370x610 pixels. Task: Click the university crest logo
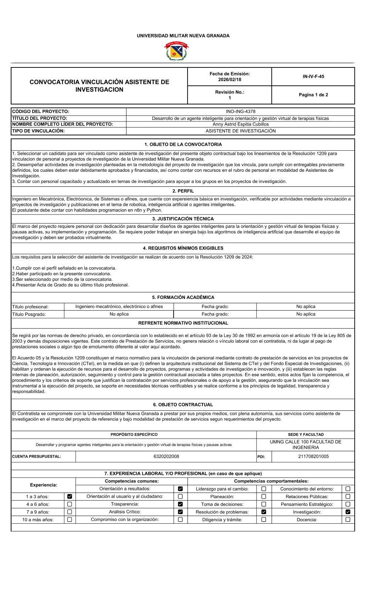click(176, 51)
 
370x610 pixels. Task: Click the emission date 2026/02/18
click(229, 80)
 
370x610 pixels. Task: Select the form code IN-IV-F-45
click(313, 77)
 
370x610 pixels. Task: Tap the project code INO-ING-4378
click(240, 111)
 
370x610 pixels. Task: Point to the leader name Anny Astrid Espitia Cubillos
click(240, 124)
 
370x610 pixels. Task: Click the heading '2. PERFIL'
click(183, 191)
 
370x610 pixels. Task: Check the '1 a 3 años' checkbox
click(70, 497)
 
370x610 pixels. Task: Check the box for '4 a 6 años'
click(70, 504)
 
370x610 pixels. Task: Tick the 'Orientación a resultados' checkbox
click(180, 489)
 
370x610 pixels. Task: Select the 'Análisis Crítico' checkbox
click(180, 512)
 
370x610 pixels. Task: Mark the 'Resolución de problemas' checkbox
click(264, 512)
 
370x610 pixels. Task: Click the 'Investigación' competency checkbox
click(348, 512)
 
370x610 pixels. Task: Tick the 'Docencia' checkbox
click(348, 520)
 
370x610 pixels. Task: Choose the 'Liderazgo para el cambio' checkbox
click(264, 489)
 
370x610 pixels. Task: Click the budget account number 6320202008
click(166, 457)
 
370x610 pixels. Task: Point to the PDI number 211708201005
click(313, 457)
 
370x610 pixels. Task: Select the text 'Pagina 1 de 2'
click(313, 95)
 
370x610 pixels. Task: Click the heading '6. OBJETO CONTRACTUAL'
click(183, 405)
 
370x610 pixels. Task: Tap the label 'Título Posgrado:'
click(29, 314)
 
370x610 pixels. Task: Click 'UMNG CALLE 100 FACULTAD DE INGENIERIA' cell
click(306, 445)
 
